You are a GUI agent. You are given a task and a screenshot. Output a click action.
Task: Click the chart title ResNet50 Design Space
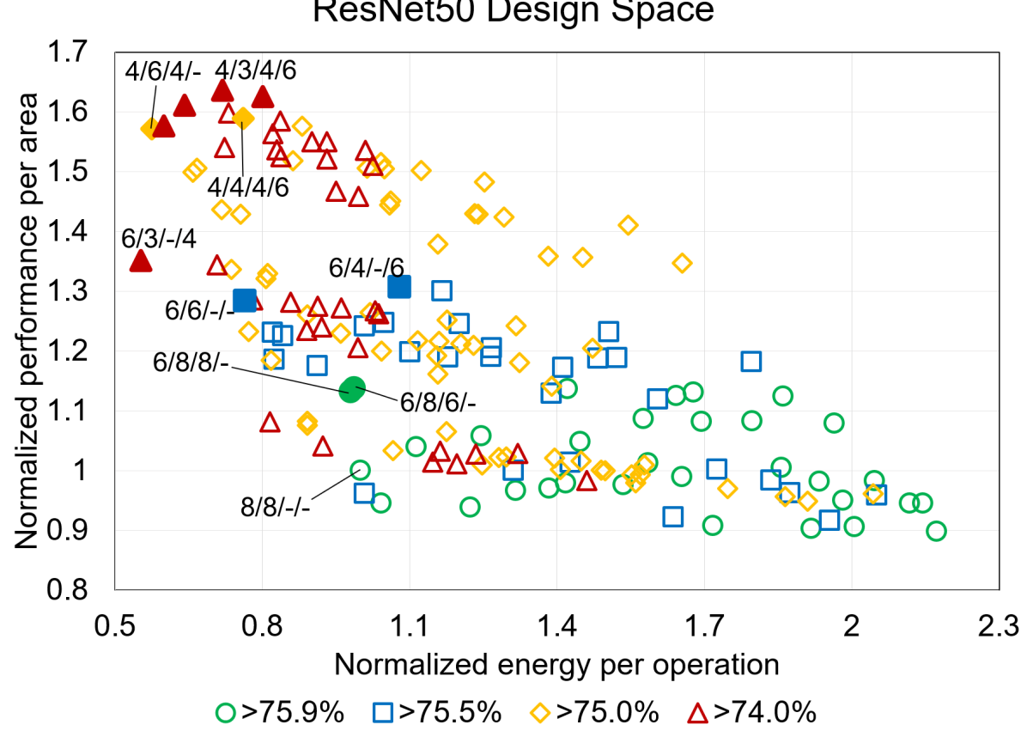(x=513, y=12)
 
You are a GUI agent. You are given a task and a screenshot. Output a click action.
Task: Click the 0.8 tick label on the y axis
(x=76, y=590)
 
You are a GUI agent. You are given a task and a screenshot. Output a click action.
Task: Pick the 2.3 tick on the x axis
(x=998, y=623)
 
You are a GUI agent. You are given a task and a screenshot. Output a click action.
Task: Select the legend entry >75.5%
(x=437, y=712)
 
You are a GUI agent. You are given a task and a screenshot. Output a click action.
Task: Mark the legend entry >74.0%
(x=752, y=712)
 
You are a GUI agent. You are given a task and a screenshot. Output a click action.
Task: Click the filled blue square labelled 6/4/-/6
(x=399, y=287)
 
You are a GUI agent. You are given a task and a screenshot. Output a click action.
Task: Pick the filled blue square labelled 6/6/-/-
(x=245, y=300)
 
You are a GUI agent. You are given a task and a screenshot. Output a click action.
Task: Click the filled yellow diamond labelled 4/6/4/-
(x=150, y=130)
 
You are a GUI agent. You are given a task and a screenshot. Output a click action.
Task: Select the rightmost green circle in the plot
(x=936, y=531)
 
